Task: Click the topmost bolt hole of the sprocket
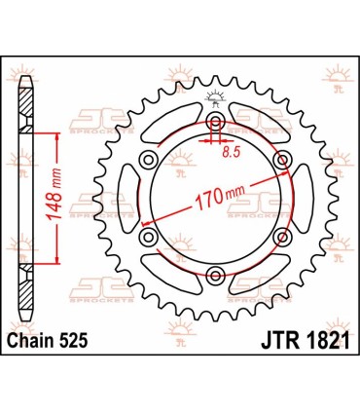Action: (x=215, y=121)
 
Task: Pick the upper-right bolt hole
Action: (x=282, y=159)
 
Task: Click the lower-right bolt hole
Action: (x=282, y=237)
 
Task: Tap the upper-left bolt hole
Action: (x=148, y=159)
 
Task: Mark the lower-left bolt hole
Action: (x=148, y=237)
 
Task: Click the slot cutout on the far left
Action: (x=134, y=198)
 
